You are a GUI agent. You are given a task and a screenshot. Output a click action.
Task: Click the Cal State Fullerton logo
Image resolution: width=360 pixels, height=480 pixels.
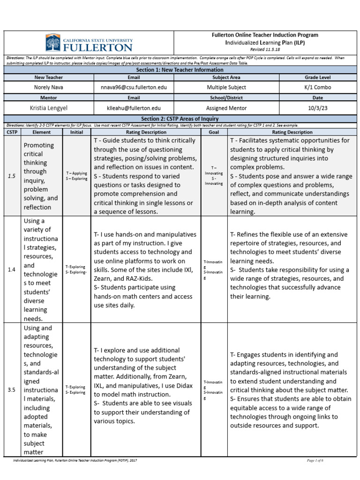click(89, 43)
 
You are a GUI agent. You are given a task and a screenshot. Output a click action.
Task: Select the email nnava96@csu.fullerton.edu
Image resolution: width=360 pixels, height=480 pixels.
click(134, 87)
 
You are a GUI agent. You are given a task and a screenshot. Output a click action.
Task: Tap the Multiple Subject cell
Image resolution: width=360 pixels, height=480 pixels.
click(226, 87)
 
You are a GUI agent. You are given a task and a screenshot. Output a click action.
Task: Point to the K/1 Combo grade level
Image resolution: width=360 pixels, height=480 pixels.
click(317, 87)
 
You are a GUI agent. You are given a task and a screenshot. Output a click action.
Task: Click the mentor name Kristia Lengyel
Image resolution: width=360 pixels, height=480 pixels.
click(48, 107)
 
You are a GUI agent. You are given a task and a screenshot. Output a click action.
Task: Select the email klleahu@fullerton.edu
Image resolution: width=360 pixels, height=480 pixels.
click(134, 107)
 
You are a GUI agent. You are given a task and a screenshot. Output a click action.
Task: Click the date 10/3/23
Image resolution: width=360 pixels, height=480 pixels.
click(317, 107)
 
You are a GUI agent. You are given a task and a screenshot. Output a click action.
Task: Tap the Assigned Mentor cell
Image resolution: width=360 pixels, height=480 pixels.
click(226, 107)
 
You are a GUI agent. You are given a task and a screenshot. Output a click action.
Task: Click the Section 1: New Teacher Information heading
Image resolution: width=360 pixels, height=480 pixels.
click(180, 70)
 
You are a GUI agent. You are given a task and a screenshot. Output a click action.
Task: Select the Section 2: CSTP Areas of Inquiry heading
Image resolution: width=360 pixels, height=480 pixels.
click(180, 119)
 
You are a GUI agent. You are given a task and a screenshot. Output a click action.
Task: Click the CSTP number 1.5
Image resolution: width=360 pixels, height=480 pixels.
click(12, 176)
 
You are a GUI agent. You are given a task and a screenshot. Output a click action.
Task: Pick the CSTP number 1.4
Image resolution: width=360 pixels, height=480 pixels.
click(12, 270)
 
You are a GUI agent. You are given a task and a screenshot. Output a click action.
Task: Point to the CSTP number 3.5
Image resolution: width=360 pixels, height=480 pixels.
click(12, 390)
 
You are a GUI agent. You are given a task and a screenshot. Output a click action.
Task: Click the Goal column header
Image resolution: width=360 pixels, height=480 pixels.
click(214, 132)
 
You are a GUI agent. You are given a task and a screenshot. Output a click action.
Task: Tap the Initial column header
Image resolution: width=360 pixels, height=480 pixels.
click(76, 132)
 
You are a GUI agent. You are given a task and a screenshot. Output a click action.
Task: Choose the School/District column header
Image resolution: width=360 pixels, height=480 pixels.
click(226, 97)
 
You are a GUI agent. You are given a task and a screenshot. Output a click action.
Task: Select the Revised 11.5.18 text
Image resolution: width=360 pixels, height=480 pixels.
click(265, 49)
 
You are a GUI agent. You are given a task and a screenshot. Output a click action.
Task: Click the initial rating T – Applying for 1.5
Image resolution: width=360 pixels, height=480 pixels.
click(76, 173)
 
